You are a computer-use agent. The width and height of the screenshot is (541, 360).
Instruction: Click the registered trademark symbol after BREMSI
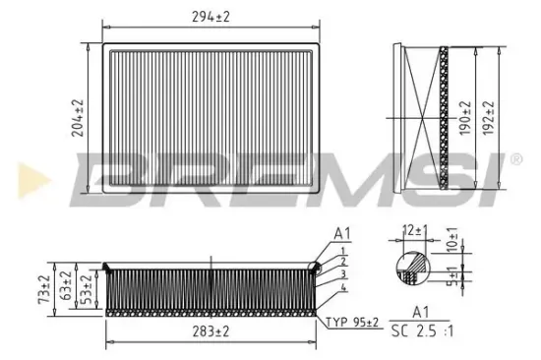click(x=514, y=157)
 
